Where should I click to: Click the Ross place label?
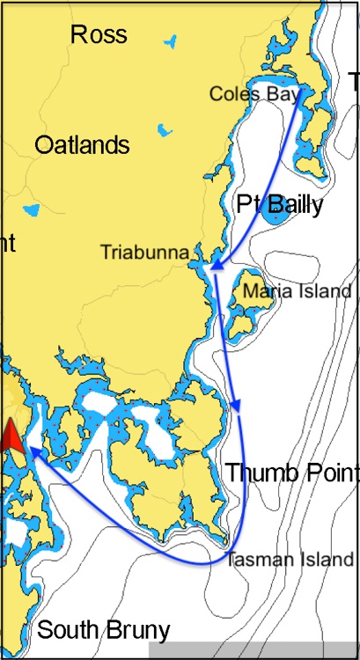point(99,35)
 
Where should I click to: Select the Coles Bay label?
point(254,93)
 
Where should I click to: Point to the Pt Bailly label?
point(280,206)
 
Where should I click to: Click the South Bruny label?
point(103,630)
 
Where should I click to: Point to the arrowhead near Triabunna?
point(214,266)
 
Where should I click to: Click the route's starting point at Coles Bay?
point(303,89)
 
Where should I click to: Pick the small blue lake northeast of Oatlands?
point(164,130)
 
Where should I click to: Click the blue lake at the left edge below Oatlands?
point(32,210)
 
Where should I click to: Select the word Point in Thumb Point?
point(327,472)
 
